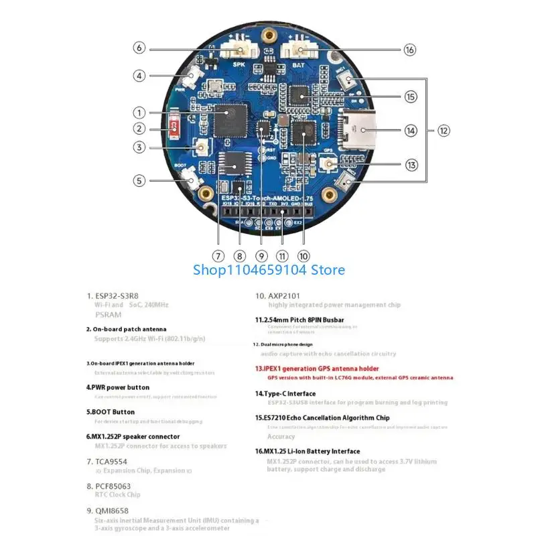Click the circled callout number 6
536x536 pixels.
tap(139, 48)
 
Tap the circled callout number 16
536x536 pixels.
tap(410, 49)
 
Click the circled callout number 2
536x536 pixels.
tap(139, 129)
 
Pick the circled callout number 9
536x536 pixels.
tap(262, 255)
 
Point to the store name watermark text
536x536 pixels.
tap(269, 270)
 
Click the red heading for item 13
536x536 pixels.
tap(317, 368)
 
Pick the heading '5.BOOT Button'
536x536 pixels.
tap(111, 412)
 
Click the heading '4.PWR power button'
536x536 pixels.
tap(118, 387)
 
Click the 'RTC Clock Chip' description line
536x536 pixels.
tap(117, 495)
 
